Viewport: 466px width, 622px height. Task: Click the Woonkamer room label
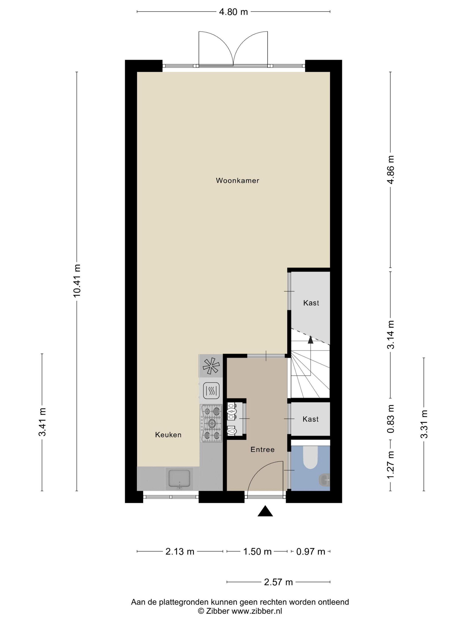point(237,181)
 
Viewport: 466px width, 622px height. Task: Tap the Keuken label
point(168,435)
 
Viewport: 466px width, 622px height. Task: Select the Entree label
point(262,449)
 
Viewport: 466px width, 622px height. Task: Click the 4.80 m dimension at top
point(233,12)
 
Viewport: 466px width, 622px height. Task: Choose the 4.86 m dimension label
point(390,169)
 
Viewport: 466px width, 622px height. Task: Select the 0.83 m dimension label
point(390,419)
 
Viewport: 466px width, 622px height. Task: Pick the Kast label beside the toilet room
point(310,419)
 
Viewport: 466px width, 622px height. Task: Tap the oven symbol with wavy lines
point(211,391)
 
